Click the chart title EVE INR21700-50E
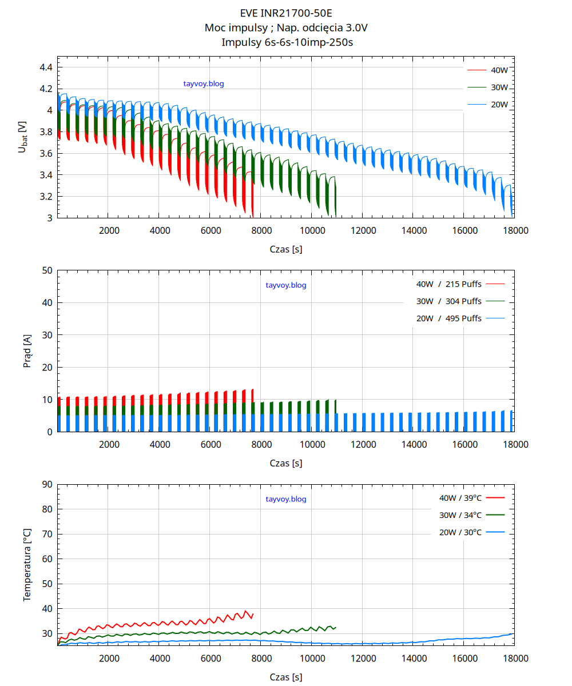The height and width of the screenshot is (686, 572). coord(285,13)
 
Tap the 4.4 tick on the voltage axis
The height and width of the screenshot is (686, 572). coord(46,67)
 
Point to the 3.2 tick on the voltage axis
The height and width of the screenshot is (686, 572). coord(46,197)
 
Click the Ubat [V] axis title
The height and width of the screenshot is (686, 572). coord(22,137)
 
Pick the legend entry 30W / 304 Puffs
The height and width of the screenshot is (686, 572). coord(449,301)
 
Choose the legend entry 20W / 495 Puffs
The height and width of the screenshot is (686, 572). coord(449,318)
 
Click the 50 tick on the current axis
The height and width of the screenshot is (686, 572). coord(47,270)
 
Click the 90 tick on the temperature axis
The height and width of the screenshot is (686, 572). coord(47,484)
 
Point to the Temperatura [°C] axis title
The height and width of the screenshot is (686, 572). coord(27,565)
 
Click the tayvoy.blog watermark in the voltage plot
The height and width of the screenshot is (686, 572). coord(204,83)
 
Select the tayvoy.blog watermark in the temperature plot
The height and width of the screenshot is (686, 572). coord(286,499)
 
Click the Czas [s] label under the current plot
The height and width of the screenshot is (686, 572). coord(285,463)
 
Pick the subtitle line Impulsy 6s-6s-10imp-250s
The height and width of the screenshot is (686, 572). coord(285,42)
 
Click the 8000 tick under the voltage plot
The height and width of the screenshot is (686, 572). coord(261,230)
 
